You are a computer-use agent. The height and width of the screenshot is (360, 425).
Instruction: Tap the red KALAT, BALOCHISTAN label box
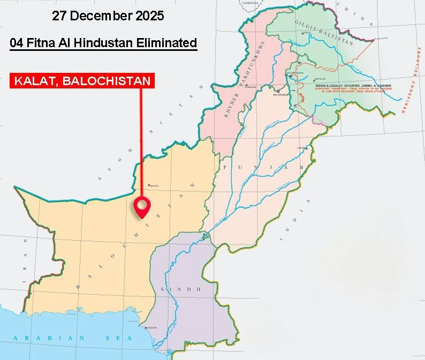83,81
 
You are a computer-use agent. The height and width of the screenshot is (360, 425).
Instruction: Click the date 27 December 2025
108,16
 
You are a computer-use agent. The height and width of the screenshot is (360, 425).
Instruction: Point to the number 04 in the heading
18,43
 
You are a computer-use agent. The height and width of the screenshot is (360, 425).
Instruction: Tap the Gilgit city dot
303,33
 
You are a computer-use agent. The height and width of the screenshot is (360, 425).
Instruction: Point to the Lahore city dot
306,148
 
